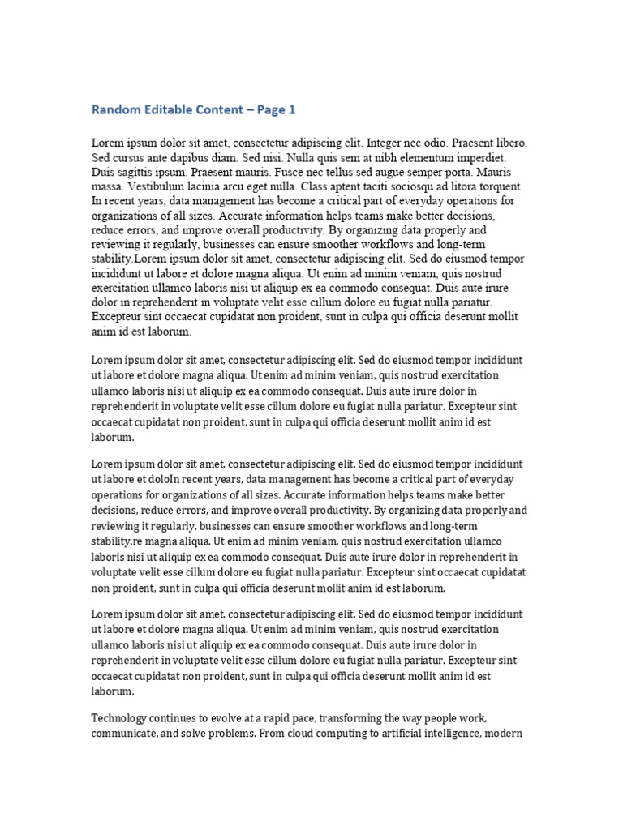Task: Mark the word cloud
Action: click(x=286, y=733)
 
